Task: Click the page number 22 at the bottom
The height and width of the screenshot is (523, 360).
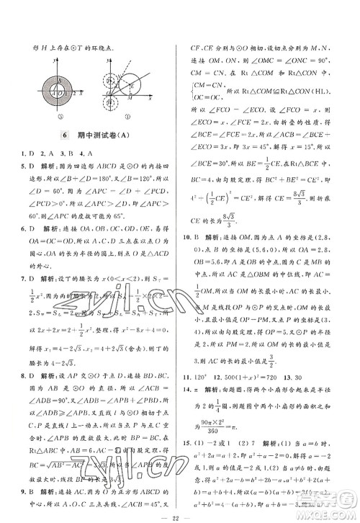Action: click(x=180, y=512)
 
